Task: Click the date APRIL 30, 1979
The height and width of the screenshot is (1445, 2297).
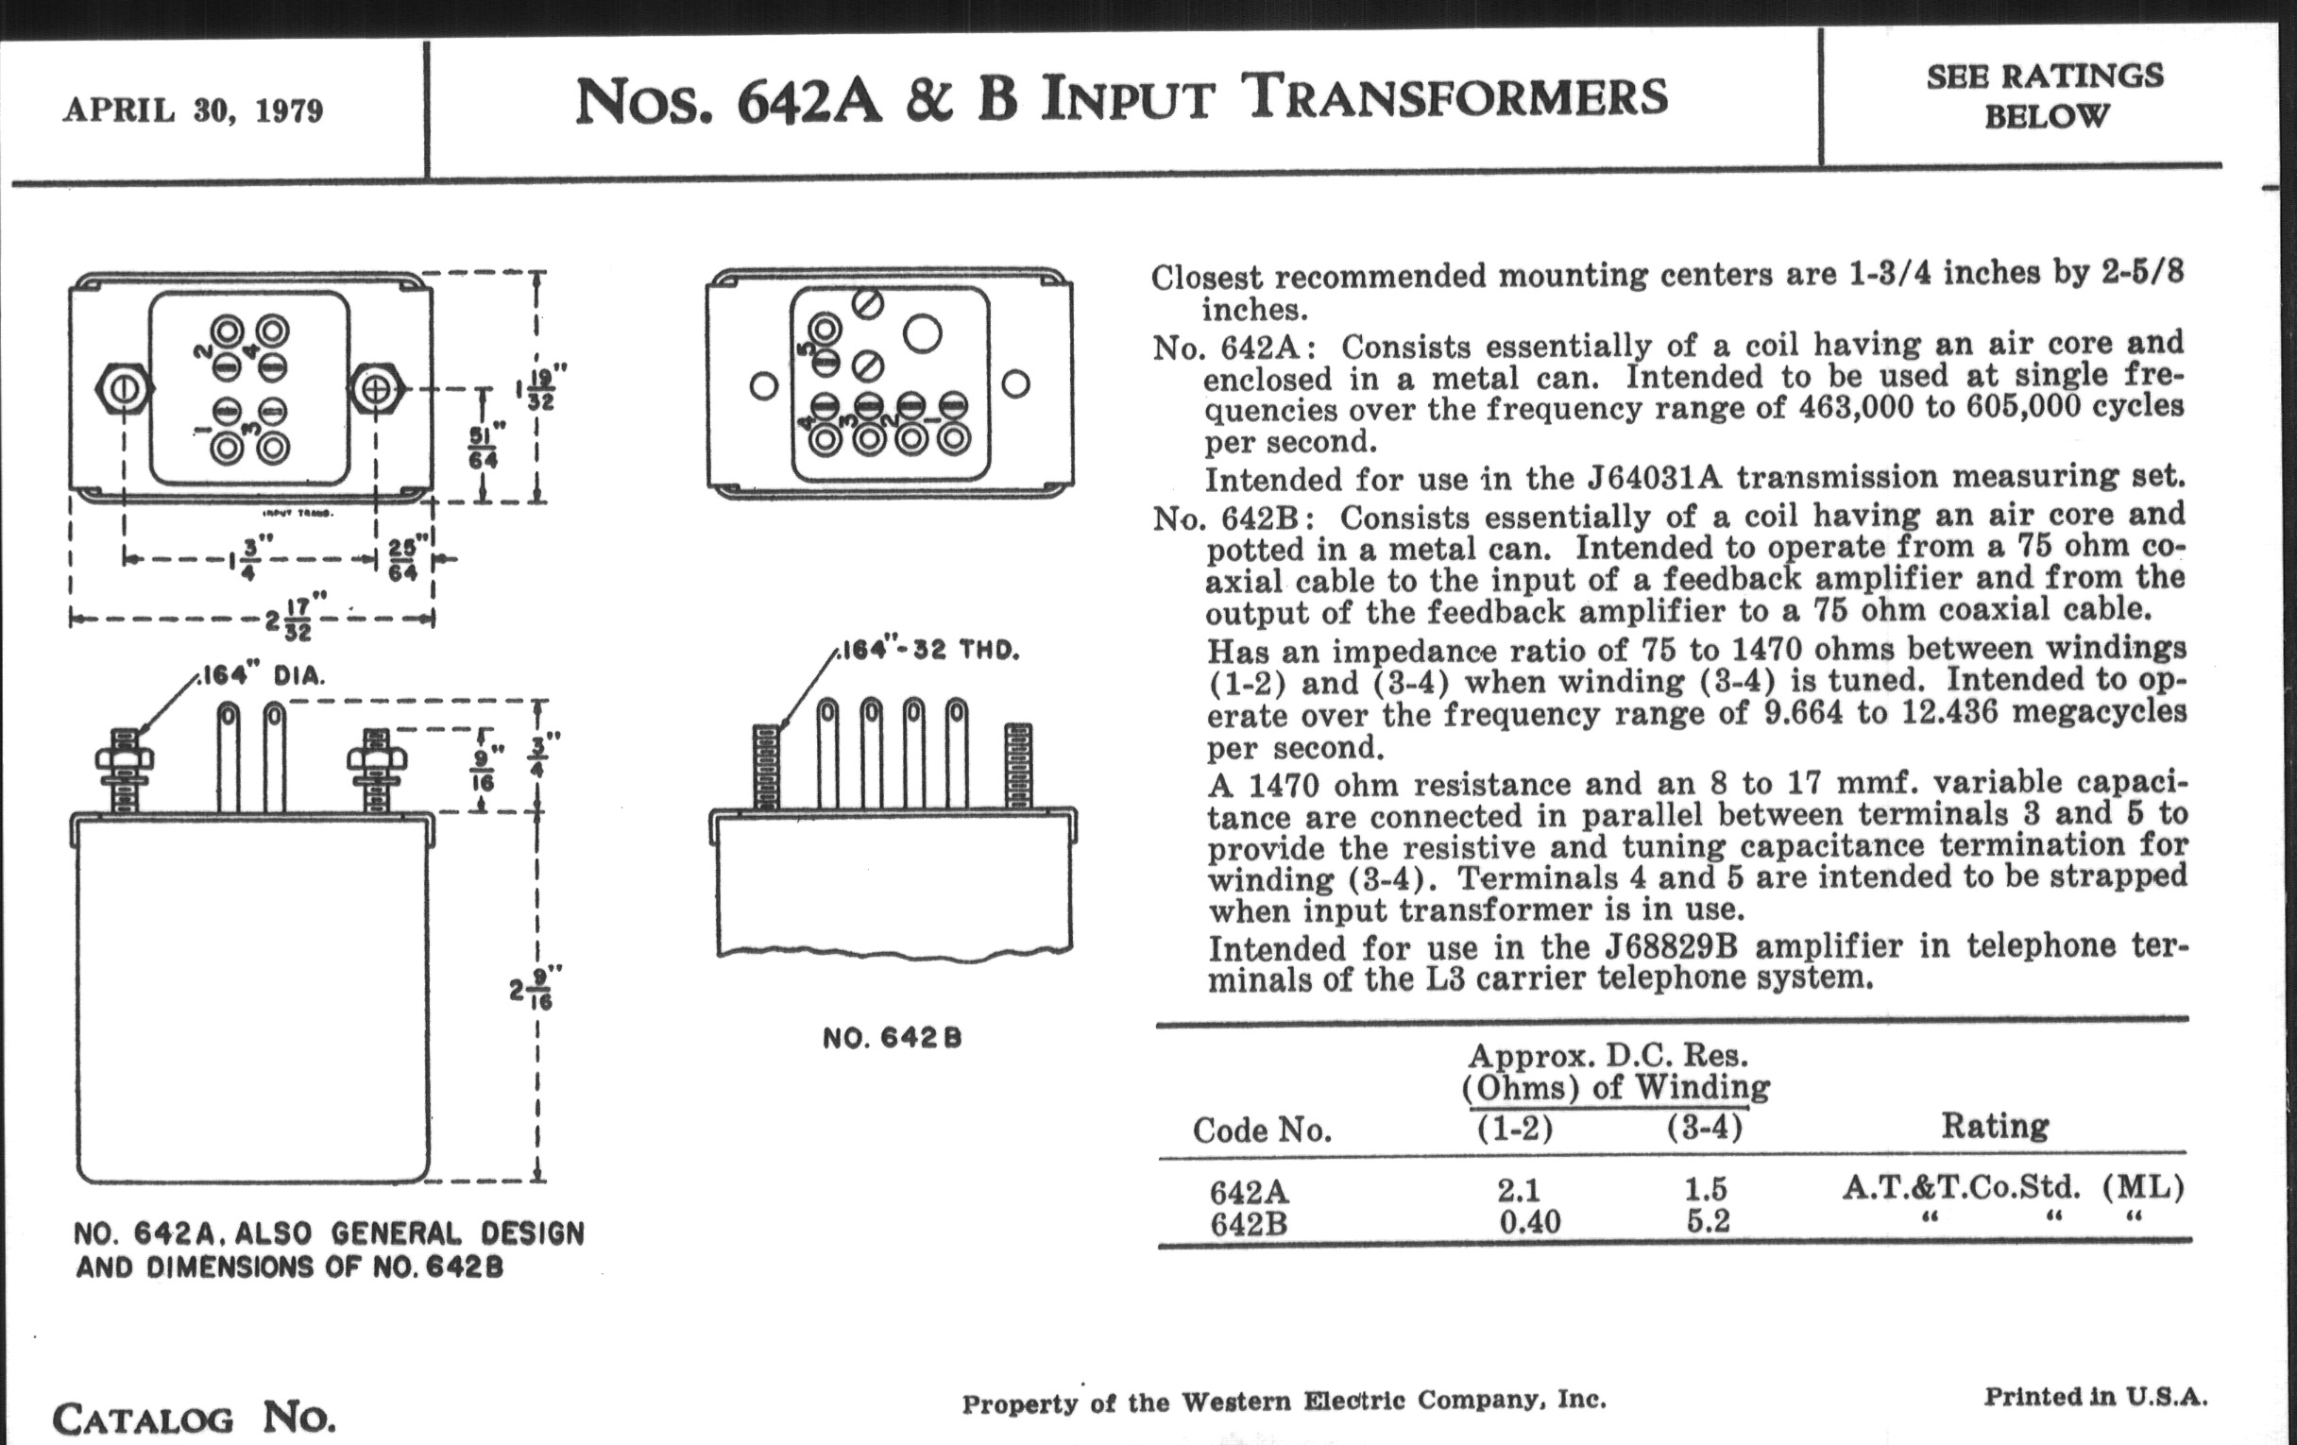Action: coord(194,110)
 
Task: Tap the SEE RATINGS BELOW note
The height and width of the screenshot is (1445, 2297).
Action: coord(2044,95)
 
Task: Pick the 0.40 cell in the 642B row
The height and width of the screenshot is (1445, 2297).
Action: coord(1529,1222)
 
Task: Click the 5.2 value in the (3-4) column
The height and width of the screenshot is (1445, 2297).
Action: coord(1707,1221)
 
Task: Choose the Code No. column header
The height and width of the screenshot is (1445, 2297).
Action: coord(1261,1130)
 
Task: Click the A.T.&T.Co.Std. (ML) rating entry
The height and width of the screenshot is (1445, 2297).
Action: coord(2013,1187)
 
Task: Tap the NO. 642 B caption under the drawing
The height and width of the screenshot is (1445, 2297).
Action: coord(892,1039)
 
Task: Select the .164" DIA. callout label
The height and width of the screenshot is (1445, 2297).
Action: coord(263,676)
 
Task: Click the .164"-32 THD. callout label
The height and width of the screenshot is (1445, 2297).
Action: coord(929,651)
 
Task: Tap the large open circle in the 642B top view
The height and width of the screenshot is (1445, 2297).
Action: coord(923,332)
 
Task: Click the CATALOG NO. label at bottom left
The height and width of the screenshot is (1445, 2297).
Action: coord(194,1419)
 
